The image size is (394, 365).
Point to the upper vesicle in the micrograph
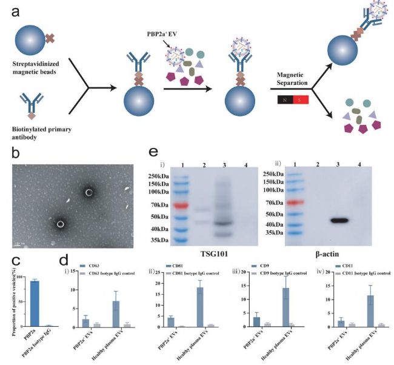tap(89, 193)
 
